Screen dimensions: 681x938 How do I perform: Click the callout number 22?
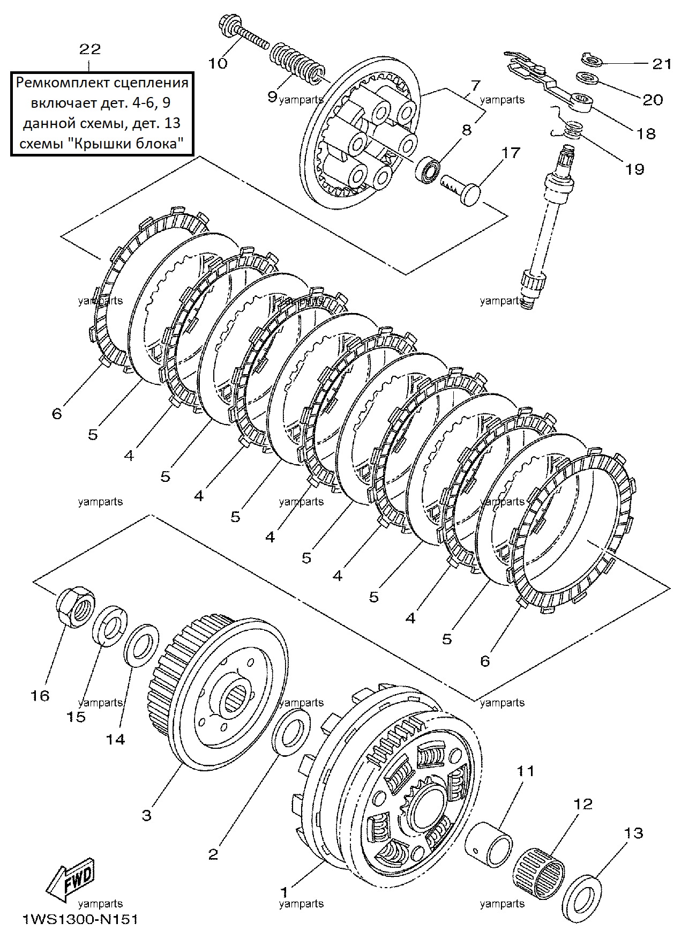tap(90, 49)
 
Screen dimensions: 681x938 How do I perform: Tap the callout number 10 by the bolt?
tap(218, 63)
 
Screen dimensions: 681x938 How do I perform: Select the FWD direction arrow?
tap(70, 881)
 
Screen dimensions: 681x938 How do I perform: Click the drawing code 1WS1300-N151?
tap(80, 920)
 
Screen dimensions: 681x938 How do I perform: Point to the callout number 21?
tap(662, 64)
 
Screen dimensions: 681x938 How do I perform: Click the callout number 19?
tap(634, 169)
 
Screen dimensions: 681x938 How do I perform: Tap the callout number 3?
tap(146, 816)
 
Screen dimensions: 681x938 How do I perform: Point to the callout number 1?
tap(285, 892)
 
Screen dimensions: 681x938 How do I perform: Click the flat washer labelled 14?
tap(141, 645)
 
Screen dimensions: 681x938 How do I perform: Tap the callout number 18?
tap(646, 133)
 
